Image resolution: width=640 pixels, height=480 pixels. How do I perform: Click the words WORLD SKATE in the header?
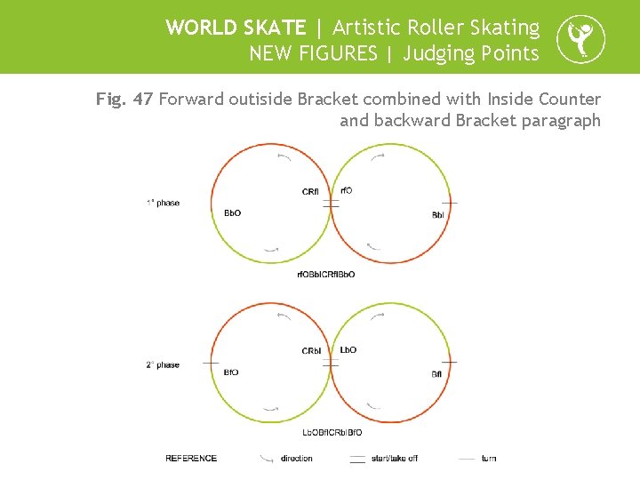click(x=235, y=28)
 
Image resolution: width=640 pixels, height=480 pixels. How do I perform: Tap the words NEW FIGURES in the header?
click(x=313, y=53)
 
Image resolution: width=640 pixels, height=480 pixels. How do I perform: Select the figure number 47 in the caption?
click(x=142, y=100)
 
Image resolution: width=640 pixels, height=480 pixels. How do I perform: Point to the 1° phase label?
click(x=164, y=203)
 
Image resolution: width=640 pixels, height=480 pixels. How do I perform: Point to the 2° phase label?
click(x=164, y=364)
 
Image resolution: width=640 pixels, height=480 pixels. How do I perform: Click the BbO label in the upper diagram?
click(x=232, y=213)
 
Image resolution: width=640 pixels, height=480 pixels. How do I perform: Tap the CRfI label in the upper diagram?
click(x=310, y=192)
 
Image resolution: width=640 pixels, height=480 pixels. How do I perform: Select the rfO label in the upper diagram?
click(x=347, y=190)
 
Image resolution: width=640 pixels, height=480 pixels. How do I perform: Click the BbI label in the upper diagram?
click(x=438, y=215)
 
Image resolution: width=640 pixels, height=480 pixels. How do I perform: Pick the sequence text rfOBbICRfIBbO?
click(x=326, y=275)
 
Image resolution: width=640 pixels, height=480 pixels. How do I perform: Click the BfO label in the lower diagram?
click(x=230, y=372)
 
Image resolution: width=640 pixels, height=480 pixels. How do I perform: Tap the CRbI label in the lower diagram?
click(x=311, y=351)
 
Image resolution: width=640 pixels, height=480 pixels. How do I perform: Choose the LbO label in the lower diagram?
click(x=348, y=349)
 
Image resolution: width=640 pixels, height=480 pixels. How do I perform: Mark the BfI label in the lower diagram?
click(x=437, y=374)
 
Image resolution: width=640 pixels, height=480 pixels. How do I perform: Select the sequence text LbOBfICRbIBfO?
click(x=332, y=433)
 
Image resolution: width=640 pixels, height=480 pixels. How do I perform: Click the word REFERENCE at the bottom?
click(x=191, y=459)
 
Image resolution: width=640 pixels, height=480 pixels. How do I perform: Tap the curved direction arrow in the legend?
click(x=267, y=459)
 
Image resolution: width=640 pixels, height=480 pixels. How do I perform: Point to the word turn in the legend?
click(x=489, y=459)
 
